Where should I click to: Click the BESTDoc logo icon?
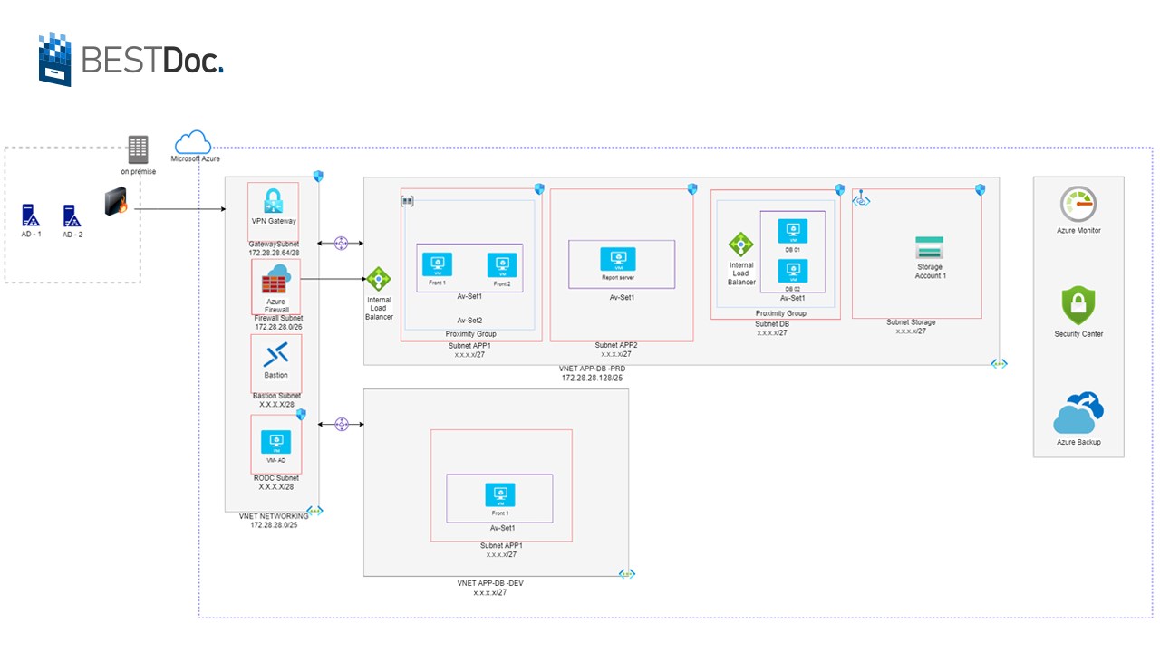pos(54,60)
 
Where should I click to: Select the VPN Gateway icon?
pos(274,201)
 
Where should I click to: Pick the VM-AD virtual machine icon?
pos(275,441)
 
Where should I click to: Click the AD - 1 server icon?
pos(31,216)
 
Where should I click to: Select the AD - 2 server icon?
pos(72,216)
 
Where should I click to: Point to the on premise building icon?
pos(138,149)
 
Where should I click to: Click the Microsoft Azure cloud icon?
pos(192,142)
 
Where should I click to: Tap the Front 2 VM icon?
pos(502,264)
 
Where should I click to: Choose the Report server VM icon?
pos(617,259)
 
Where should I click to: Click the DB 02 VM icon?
pos(793,271)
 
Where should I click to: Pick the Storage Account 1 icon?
pos(929,247)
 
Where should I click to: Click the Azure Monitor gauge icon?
pos(1078,205)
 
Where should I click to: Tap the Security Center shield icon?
pos(1078,306)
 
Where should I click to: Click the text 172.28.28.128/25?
pos(592,378)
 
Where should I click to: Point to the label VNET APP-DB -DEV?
pos(490,583)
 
